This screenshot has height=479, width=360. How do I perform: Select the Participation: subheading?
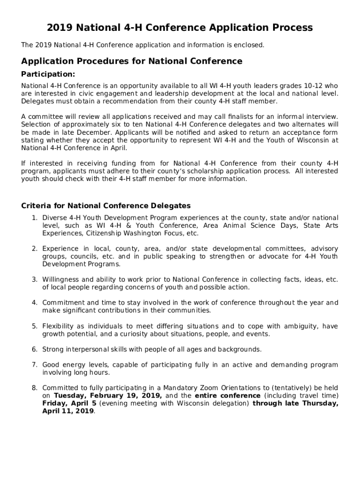pos(48,74)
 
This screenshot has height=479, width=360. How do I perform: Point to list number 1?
pos(34,218)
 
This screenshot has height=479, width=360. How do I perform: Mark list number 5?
pos(34,326)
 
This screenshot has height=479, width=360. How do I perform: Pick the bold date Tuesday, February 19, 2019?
pos(108,396)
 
